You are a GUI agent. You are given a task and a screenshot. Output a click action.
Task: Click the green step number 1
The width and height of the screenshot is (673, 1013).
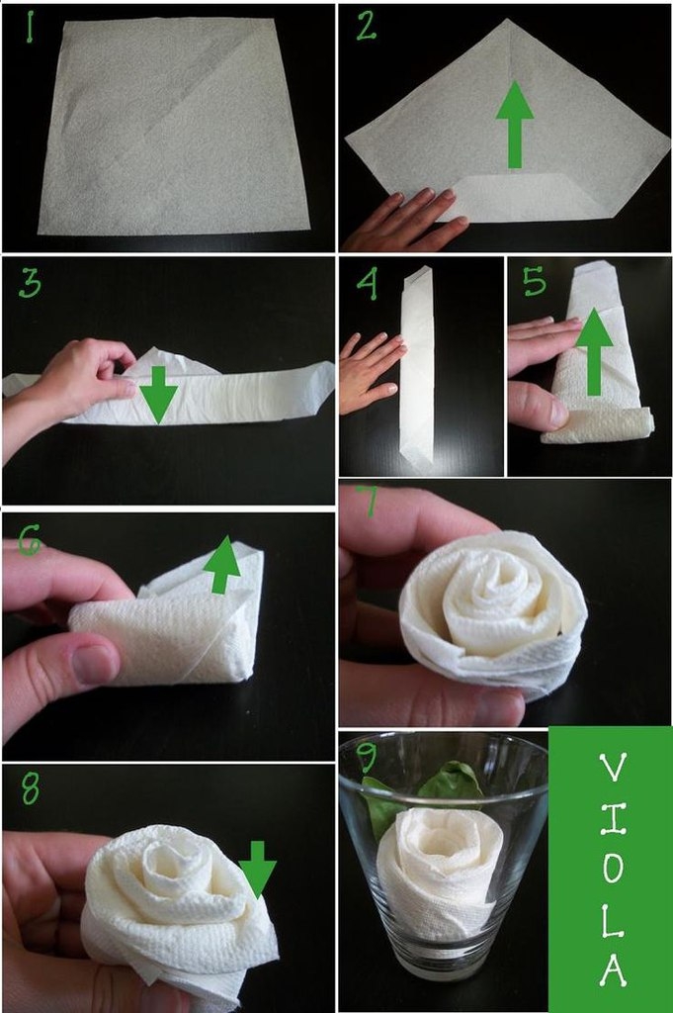[30, 28]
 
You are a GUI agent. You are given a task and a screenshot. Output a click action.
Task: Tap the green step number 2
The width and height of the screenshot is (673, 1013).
[366, 27]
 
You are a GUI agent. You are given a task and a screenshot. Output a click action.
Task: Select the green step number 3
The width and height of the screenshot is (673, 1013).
[30, 283]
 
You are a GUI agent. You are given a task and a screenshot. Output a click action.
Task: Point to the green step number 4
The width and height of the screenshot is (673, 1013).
[368, 284]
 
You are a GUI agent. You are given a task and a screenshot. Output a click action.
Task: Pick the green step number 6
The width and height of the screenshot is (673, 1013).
[29, 540]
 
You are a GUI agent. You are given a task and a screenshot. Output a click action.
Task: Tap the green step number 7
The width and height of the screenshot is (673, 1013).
[368, 501]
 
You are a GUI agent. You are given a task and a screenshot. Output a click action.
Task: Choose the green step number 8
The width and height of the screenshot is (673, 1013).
[31, 788]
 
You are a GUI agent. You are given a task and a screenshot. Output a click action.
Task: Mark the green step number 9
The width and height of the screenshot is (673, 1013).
[367, 757]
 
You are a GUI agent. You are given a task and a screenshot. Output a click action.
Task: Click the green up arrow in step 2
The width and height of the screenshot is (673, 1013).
[515, 124]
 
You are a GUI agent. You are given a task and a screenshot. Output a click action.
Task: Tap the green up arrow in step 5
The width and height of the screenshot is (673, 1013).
[594, 352]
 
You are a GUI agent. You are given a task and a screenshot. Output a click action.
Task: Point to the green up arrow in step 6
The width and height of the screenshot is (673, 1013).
[221, 565]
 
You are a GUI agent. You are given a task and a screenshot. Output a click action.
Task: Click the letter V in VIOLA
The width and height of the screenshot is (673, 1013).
[612, 769]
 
